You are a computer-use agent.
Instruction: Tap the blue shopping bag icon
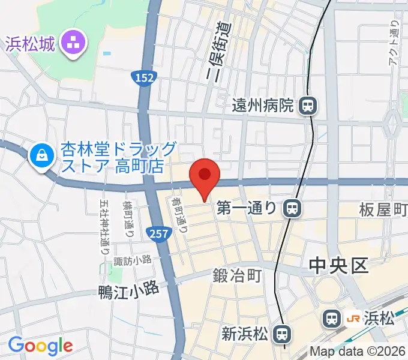pyautogui.click(x=42, y=156)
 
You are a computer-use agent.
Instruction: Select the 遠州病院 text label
pyautogui.click(x=263, y=106)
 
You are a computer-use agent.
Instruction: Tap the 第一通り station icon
pyautogui.click(x=292, y=208)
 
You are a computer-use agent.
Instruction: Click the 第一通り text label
pyautogui.click(x=247, y=208)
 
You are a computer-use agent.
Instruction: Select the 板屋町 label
pyautogui.click(x=383, y=209)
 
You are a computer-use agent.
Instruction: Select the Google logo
pyautogui.click(x=40, y=345)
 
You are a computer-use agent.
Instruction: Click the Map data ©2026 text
pyautogui.click(x=358, y=352)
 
